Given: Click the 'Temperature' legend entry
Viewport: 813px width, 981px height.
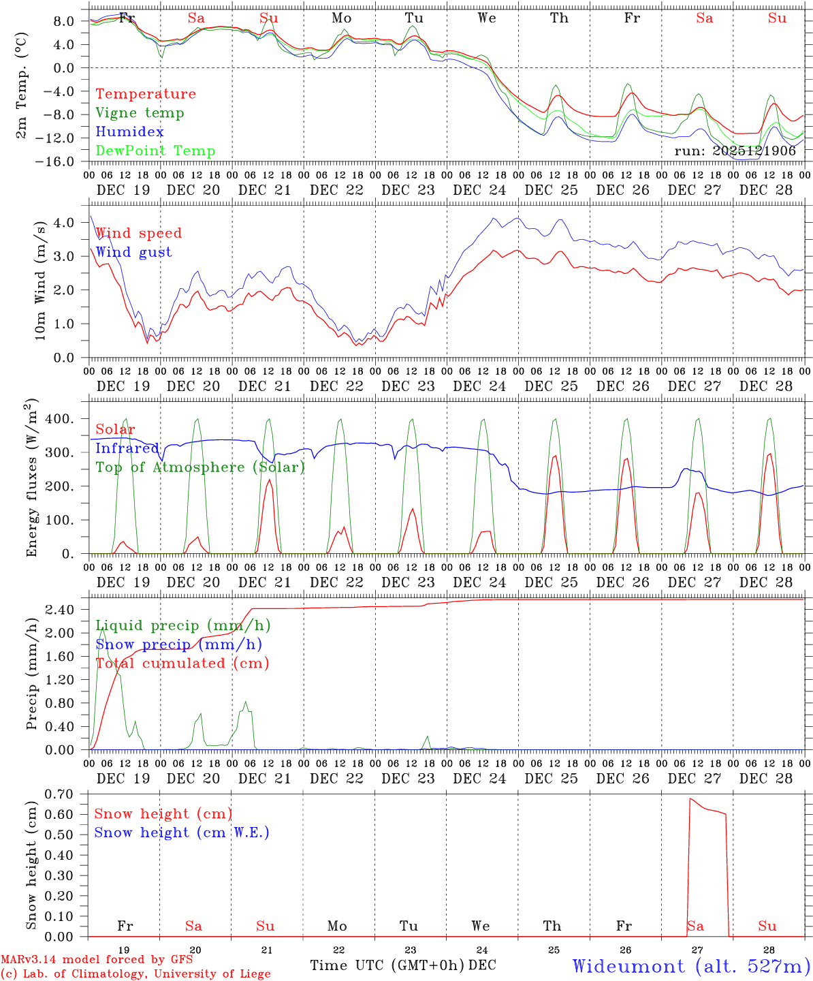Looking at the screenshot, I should point(146,94).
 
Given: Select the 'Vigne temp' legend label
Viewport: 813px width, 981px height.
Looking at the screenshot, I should point(140,113).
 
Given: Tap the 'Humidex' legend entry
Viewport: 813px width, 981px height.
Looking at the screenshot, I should point(129,132).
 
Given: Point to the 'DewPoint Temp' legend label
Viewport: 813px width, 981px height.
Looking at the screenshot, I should point(155,151).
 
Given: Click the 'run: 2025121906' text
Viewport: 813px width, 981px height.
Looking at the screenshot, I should point(735,151).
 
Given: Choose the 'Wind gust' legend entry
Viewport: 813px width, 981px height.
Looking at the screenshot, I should point(133,252).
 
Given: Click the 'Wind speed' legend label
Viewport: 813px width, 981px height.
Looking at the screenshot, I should point(139,233).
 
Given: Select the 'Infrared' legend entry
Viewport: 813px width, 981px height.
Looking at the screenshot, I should point(127,448).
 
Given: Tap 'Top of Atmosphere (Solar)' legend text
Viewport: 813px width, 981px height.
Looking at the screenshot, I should point(200,467).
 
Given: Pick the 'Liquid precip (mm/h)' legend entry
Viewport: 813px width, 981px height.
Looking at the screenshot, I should point(183,625).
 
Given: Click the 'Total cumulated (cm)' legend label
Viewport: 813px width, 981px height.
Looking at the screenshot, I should point(182,664).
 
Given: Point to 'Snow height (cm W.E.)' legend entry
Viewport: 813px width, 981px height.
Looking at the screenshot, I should point(182,832).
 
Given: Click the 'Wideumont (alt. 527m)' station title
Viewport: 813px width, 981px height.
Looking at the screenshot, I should point(691,966).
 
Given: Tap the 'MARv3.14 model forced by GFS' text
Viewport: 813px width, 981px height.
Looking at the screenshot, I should point(97,960).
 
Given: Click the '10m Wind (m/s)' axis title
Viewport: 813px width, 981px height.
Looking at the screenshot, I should point(40,280).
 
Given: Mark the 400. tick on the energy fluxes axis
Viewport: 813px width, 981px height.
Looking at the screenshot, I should point(61,419).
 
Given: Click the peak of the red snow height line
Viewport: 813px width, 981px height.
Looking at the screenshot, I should point(690,798).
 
